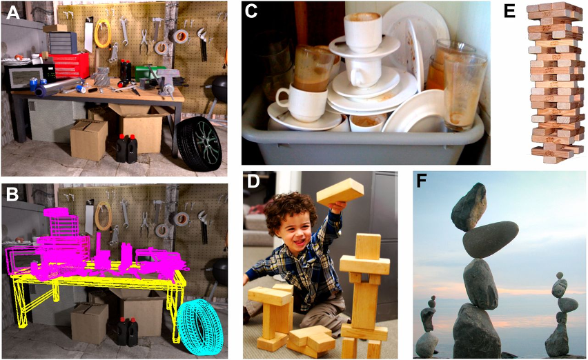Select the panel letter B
point(12,194)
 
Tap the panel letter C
point(251,11)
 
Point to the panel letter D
point(254,182)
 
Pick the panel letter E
point(510,12)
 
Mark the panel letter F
point(422,183)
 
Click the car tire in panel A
point(199,143)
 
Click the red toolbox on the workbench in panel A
point(70,65)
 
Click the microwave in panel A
point(30,77)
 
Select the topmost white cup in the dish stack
point(362,32)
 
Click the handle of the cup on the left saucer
point(282,98)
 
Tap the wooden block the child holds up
point(340,192)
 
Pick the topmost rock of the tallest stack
point(469,207)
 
